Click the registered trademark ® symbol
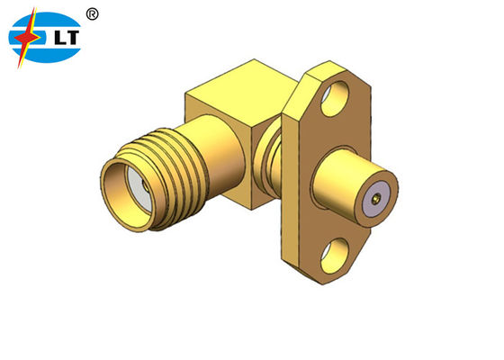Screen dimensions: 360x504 (94, 14)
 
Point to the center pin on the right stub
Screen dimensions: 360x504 (372, 193)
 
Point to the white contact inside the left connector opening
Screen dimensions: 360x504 (135, 190)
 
